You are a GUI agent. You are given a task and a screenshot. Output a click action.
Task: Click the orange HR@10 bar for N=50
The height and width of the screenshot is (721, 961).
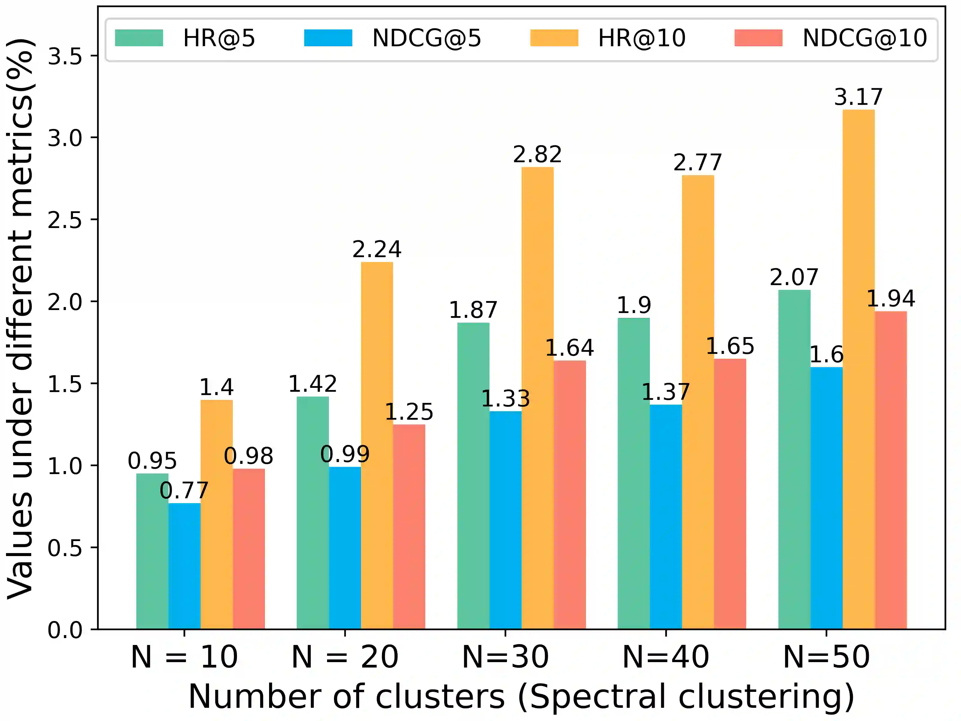[859, 370]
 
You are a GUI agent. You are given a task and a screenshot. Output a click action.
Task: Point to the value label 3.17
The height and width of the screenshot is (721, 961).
[859, 97]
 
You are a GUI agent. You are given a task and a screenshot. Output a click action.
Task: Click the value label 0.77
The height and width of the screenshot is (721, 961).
[184, 491]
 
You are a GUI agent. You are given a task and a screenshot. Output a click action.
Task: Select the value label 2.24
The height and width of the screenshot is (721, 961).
[377, 249]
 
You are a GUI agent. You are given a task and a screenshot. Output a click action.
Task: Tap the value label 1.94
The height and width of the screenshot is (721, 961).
[891, 299]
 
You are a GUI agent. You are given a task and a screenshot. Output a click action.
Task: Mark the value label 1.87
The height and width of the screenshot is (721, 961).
[473, 310]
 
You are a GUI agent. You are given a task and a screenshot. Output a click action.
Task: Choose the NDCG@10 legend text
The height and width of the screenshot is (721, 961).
[865, 38]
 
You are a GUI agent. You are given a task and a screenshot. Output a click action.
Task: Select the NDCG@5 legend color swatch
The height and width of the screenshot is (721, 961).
[328, 38]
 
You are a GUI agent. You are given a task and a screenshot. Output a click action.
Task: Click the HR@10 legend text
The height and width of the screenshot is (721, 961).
[642, 38]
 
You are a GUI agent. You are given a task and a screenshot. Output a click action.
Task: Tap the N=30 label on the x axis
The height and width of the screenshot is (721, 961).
[505, 657]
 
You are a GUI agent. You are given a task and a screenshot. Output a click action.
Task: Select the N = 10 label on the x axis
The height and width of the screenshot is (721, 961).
[184, 657]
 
